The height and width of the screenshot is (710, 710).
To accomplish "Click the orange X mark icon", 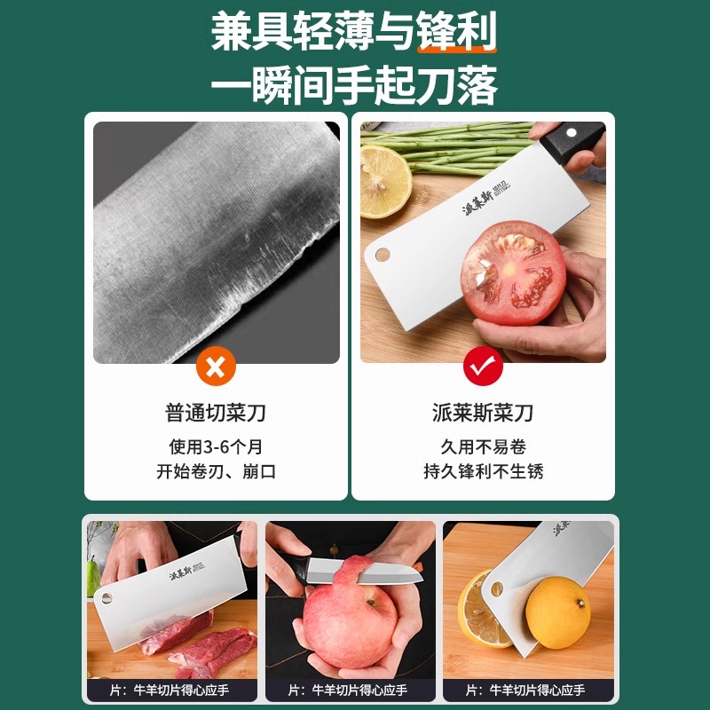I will (x=216, y=366).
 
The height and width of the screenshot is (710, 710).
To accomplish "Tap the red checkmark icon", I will (x=483, y=366).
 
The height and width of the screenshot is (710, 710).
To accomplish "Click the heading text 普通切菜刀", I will (x=216, y=413).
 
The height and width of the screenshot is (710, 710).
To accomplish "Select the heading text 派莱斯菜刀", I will (x=483, y=413).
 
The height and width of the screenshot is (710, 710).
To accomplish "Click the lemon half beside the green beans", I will (x=384, y=180).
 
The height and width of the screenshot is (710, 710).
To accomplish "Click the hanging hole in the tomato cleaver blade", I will (x=383, y=255).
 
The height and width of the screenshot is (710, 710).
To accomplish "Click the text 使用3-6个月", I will (x=216, y=446).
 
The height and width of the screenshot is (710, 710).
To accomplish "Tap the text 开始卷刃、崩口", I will (x=216, y=471).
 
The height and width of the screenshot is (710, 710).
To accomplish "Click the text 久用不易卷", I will (x=483, y=446).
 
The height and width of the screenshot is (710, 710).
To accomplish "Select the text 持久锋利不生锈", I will (x=483, y=471).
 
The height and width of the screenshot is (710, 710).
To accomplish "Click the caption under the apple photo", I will (x=349, y=690).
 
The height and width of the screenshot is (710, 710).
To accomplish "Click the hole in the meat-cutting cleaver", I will (x=106, y=593).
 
